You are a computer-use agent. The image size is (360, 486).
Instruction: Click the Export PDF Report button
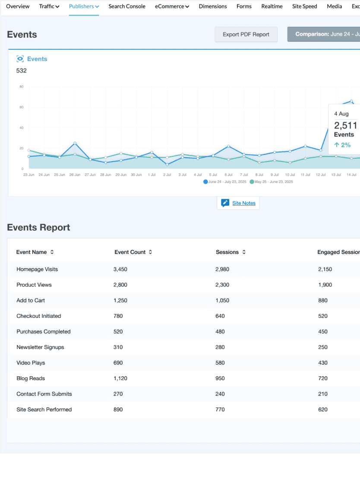point(246,35)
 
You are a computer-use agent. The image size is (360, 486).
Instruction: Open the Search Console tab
point(127,6)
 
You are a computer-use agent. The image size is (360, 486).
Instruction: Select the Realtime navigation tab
point(272,6)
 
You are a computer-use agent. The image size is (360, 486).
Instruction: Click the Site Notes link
point(244,203)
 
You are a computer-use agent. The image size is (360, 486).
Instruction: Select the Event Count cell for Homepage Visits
point(120,269)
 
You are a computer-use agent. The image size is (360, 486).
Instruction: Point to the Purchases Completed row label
point(43,332)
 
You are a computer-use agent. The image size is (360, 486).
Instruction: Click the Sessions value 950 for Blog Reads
point(220,378)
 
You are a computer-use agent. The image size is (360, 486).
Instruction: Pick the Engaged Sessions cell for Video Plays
point(323,362)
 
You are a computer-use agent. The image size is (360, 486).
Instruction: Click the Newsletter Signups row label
point(40,347)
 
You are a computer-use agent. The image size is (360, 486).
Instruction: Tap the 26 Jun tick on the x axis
point(75,175)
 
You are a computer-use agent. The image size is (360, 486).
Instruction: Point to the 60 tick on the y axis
point(22,107)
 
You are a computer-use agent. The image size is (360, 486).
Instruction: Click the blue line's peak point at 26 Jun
point(75,143)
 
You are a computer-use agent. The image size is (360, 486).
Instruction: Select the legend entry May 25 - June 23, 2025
point(272,181)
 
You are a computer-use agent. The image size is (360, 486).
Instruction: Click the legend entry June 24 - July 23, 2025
point(225,181)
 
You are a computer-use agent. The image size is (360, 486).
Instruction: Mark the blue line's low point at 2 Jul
point(167,165)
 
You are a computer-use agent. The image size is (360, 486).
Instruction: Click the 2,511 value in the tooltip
point(345,126)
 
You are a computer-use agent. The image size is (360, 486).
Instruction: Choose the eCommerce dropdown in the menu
point(172,6)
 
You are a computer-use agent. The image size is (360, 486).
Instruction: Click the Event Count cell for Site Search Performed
point(118,410)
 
